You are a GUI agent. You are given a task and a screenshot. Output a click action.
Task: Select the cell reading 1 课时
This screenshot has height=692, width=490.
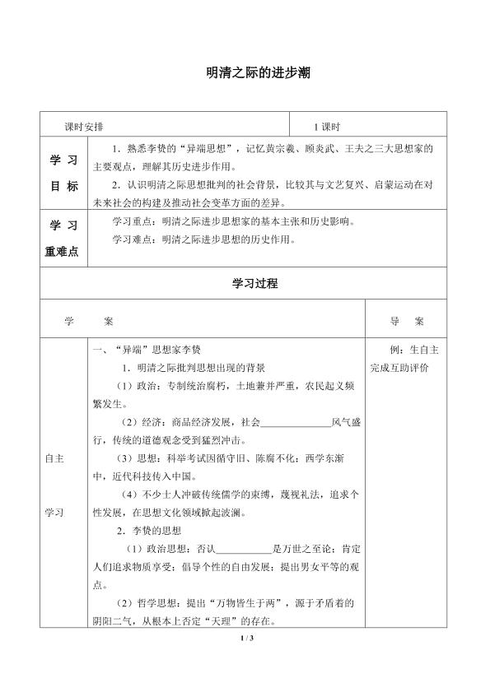click(x=327, y=126)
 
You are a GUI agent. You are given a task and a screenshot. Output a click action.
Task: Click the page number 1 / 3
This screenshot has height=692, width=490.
click(x=245, y=639)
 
